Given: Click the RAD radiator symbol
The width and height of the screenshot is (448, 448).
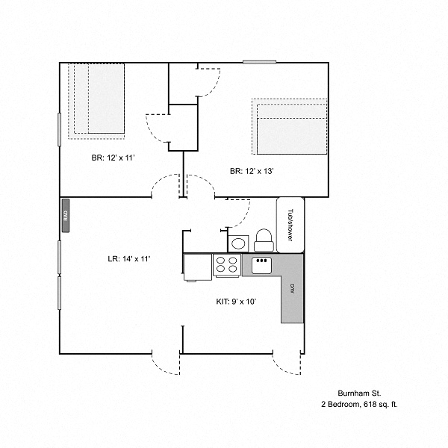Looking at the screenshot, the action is [66, 216].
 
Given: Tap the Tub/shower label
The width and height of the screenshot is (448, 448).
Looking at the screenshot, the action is [290, 225].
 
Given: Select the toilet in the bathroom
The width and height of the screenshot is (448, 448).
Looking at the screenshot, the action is [264, 240].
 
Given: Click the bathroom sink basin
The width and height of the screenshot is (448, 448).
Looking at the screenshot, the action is [238, 243].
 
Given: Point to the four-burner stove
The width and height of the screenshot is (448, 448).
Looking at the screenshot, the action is [227, 265].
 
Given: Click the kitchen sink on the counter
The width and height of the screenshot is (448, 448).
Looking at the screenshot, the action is [261, 265].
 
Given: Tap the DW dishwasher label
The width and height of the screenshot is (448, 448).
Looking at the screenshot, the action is [292, 288].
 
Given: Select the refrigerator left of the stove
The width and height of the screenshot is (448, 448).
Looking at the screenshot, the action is [197, 267].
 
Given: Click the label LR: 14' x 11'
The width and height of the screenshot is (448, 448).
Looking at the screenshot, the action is [129, 259].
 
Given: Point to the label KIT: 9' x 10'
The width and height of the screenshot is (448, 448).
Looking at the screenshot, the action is [236, 302].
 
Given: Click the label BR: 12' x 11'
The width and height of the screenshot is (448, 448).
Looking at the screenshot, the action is [113, 158].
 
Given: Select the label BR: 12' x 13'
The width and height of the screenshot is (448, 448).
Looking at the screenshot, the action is [252, 171].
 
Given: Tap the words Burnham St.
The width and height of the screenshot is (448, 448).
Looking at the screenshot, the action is [359, 393].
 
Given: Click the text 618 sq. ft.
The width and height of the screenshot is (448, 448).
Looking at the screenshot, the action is [381, 404].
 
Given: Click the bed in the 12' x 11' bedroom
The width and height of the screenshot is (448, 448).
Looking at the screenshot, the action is [96, 101].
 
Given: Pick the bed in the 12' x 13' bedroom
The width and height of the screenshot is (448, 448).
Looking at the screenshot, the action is [290, 127].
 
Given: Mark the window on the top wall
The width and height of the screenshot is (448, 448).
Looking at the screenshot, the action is [259, 62].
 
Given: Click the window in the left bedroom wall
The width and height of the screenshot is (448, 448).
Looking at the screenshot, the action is [60, 130].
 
